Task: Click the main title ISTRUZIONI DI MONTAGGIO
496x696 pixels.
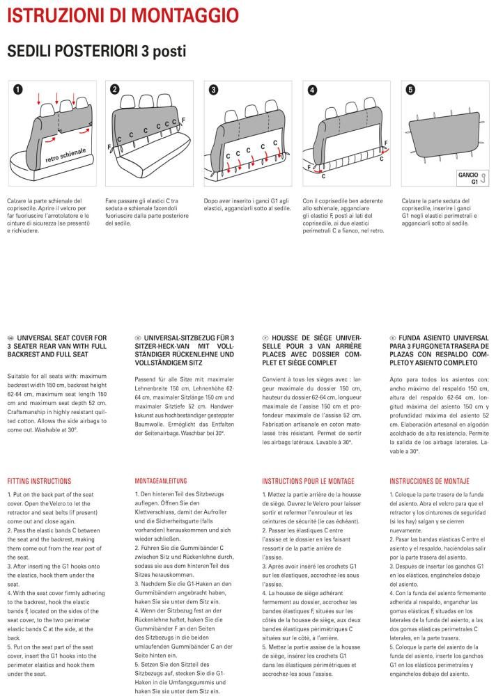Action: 122,15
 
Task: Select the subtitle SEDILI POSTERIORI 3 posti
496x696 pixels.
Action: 96,52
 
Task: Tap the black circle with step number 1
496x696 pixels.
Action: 17,90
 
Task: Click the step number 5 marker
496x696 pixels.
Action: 410,90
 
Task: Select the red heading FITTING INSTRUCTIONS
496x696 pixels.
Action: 39,481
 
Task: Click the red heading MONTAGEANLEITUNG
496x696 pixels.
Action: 162,481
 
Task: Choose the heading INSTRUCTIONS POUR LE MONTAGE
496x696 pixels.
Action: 308,481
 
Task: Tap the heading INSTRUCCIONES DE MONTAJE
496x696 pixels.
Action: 429,481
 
